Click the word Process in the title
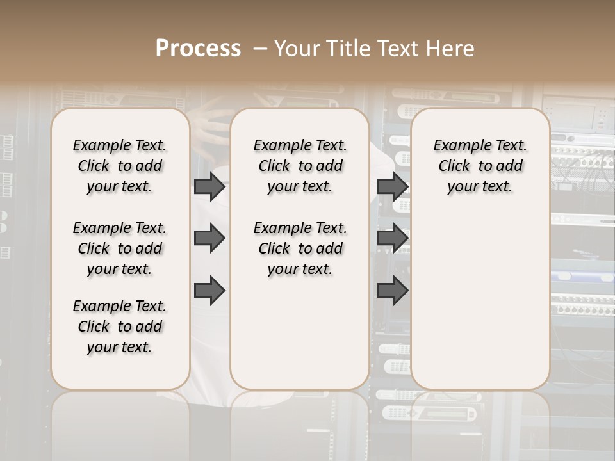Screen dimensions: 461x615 point(198,49)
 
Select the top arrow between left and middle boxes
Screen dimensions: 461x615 point(209,186)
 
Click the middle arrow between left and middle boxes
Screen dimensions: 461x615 point(209,238)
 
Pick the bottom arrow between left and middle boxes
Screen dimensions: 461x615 point(209,290)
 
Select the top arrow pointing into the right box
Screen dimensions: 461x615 point(392,186)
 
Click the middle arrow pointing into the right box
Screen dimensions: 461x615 point(392,238)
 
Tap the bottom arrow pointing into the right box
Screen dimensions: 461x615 point(392,290)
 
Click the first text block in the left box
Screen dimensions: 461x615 point(120,166)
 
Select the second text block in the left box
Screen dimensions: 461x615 point(120,248)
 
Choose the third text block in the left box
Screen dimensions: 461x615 point(120,327)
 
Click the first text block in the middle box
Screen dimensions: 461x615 point(300,166)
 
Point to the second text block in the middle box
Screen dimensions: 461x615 point(300,248)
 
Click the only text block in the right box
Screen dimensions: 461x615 point(480,166)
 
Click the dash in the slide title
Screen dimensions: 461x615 point(259,49)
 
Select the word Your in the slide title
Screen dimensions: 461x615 point(298,49)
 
